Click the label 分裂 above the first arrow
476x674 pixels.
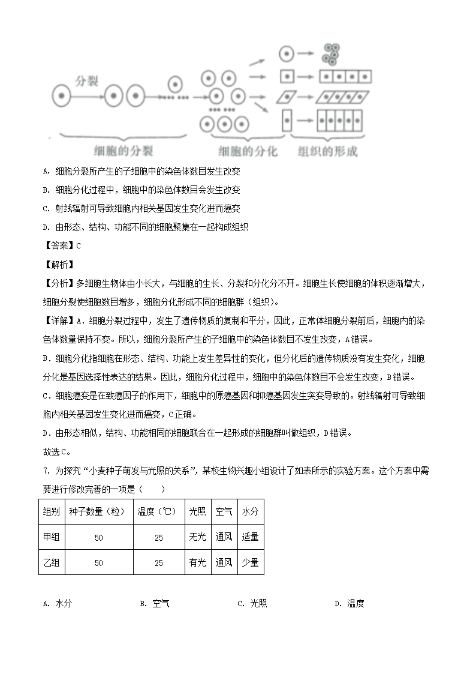pos(86,80)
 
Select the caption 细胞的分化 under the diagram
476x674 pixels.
pos(248,151)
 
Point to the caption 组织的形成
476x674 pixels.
pos(327,151)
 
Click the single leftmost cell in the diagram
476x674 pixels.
pos(62,95)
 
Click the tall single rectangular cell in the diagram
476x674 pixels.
pos(287,121)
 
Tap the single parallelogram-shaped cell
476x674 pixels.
pos(288,96)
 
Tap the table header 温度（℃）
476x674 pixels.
pos(158,511)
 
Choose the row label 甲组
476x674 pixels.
pos(52,537)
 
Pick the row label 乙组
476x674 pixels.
pos(52,562)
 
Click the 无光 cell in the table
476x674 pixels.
pos(197,537)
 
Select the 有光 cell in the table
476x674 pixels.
pos(197,562)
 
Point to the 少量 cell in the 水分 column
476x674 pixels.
pos(250,562)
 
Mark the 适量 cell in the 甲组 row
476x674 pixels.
pos(250,537)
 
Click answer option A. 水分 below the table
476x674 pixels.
pos(58,604)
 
